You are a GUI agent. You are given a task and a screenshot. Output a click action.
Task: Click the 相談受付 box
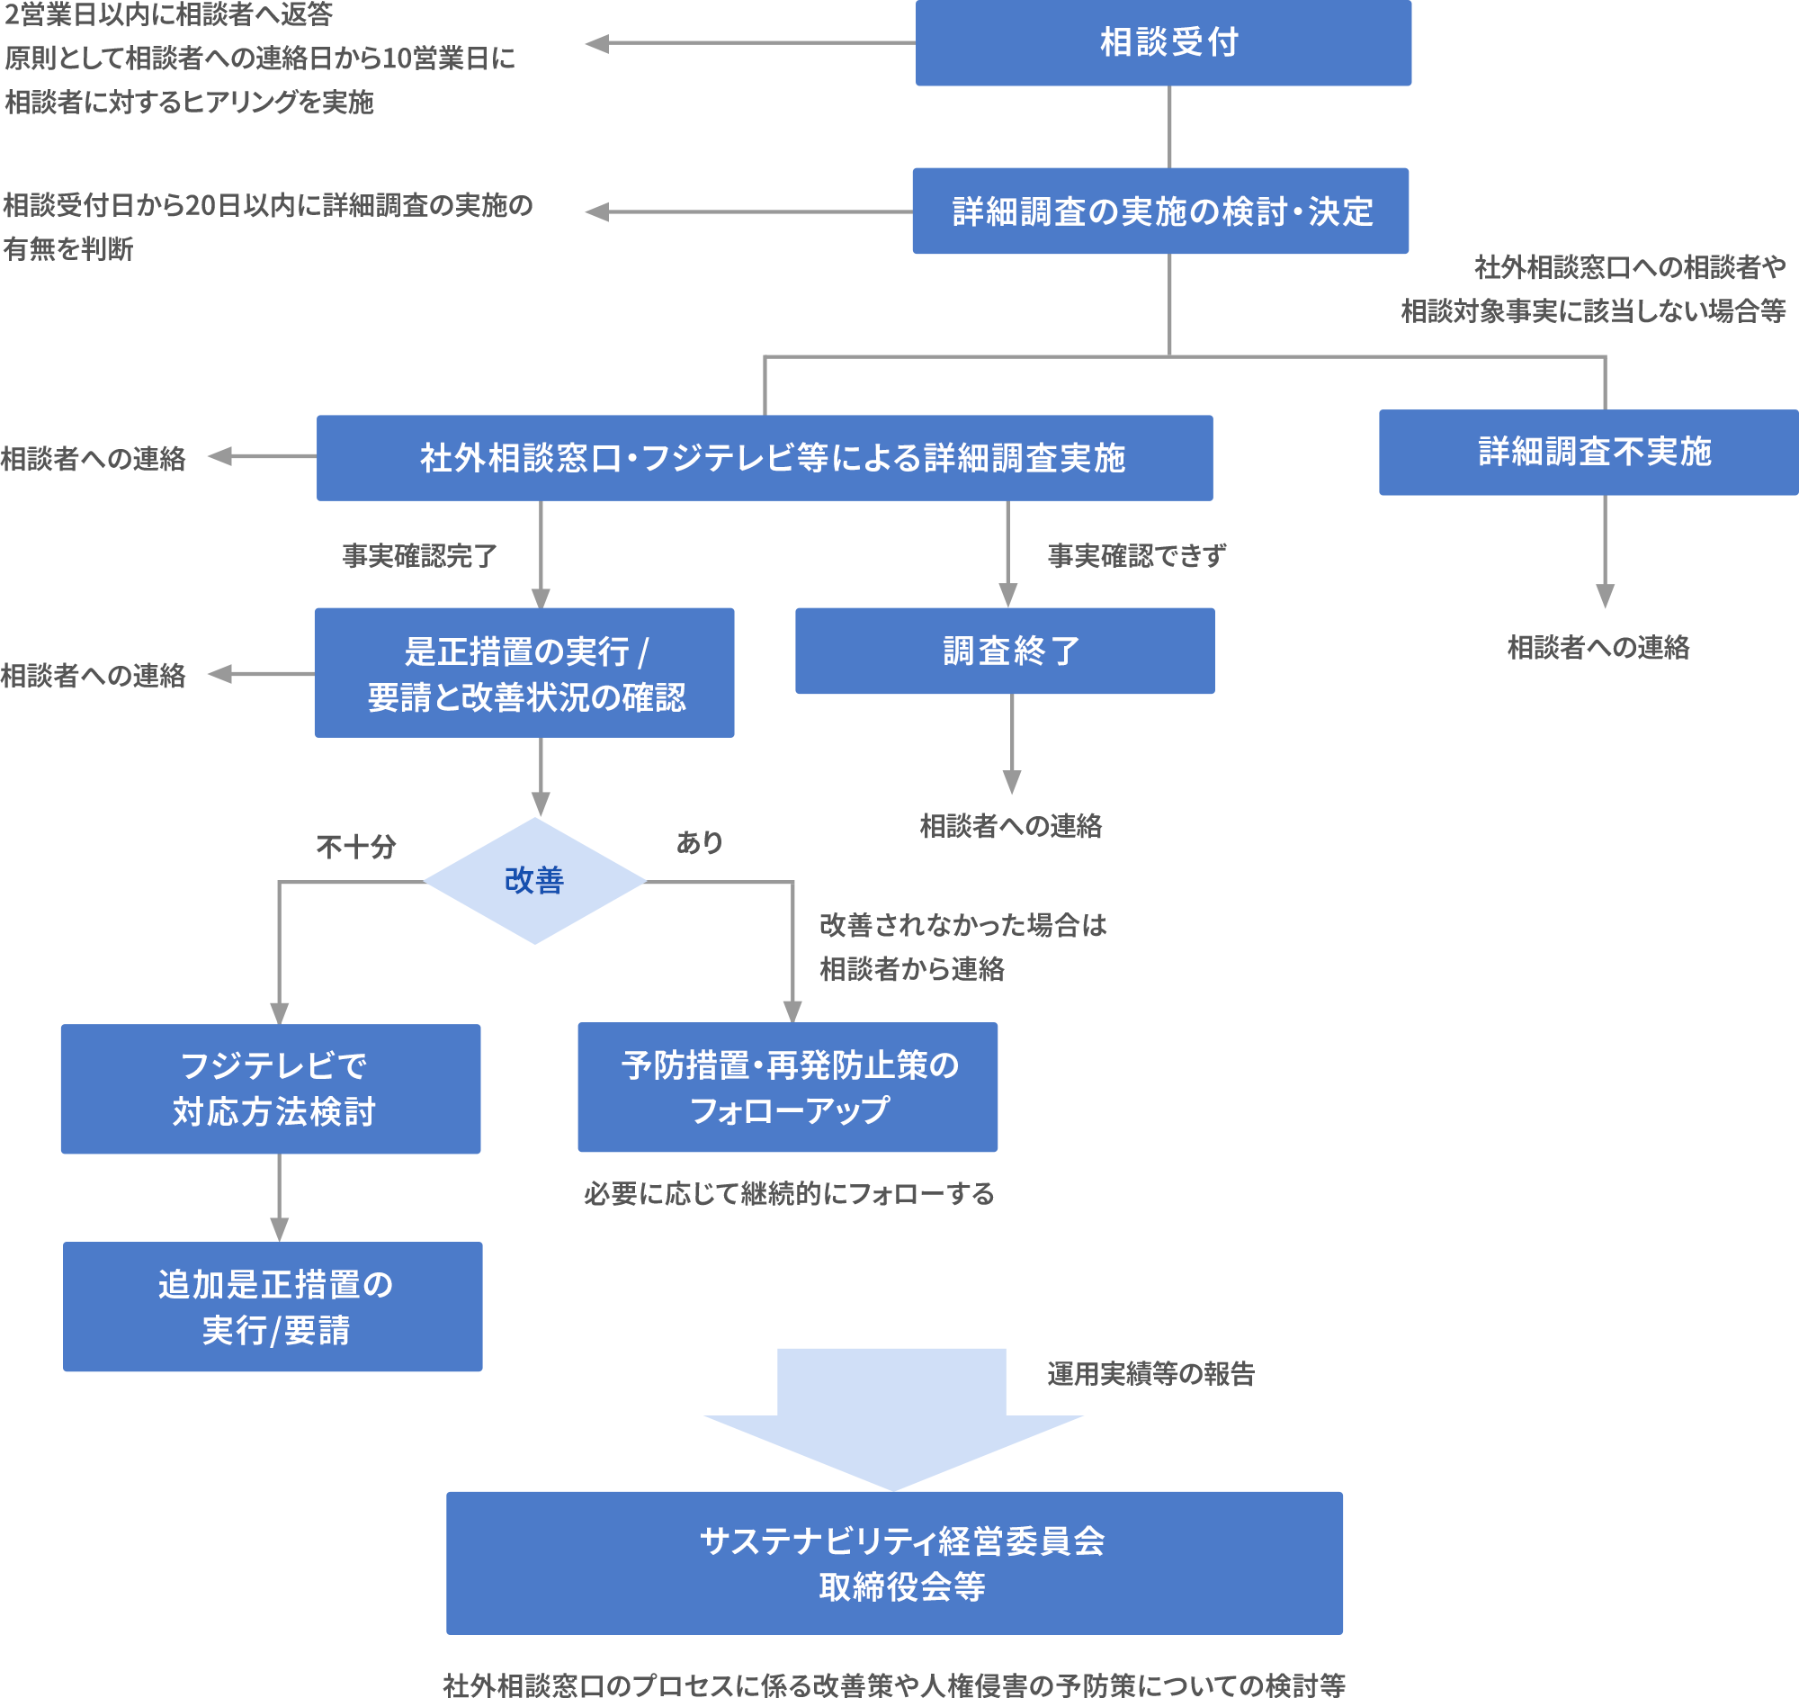click(x=1163, y=42)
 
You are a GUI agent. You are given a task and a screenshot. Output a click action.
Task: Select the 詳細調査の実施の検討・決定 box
click(x=1160, y=211)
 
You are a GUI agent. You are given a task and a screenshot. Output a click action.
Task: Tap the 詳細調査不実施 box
click(x=1589, y=452)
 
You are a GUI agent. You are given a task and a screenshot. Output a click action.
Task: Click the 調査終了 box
click(x=1005, y=651)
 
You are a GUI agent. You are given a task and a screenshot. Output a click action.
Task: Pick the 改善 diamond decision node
click(x=535, y=881)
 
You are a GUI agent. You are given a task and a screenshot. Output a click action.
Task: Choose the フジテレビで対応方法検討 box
click(x=271, y=1089)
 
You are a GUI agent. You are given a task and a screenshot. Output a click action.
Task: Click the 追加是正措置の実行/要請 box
click(x=273, y=1306)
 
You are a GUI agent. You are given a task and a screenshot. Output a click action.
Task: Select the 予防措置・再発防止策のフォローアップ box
click(x=787, y=1087)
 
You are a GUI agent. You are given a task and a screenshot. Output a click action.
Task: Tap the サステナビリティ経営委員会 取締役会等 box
click(x=894, y=1563)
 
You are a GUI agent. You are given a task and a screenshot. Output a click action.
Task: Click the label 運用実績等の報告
click(x=1151, y=1374)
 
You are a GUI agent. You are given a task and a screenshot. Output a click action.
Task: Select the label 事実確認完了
click(x=420, y=556)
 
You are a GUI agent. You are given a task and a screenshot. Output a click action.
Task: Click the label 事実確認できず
click(x=1137, y=556)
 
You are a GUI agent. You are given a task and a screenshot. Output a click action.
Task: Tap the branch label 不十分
click(x=356, y=847)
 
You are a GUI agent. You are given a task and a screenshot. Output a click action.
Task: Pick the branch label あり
click(x=700, y=842)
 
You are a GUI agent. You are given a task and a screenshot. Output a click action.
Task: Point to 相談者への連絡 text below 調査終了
click(x=1011, y=825)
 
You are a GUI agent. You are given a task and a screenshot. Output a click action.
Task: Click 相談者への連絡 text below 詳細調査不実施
click(x=1598, y=647)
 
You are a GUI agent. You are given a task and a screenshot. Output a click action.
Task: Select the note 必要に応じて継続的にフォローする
click(x=789, y=1194)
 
